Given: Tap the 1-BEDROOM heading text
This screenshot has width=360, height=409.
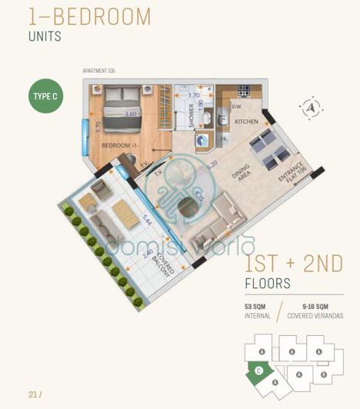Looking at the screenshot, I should (89, 16).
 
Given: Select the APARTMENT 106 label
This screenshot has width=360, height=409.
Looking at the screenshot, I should (98, 71).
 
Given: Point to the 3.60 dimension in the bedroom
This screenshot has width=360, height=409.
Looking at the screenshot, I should (130, 114).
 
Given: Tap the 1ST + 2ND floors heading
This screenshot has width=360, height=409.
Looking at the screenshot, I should (293, 264).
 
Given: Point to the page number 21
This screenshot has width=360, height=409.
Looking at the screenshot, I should (32, 394).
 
